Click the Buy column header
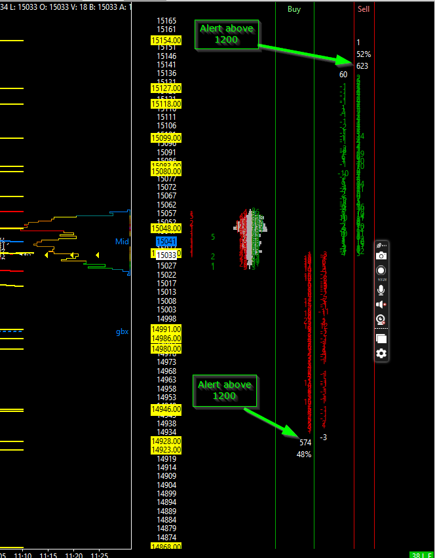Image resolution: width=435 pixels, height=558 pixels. [294, 9]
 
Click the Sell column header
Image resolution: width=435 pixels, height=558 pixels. [364, 9]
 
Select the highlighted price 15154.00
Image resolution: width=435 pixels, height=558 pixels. [166, 41]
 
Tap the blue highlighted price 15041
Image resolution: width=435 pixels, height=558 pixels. [166, 242]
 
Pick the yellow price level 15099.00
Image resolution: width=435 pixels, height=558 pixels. [166, 138]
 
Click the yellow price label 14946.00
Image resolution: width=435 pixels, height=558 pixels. [166, 410]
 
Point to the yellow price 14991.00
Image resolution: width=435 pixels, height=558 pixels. [166, 329]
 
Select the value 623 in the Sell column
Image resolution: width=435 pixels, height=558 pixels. [362, 65]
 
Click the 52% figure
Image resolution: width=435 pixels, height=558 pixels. [364, 54]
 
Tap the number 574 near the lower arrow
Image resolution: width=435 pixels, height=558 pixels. [305, 443]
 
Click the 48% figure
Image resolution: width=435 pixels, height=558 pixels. [303, 454]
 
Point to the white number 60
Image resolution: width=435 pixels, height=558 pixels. [343, 75]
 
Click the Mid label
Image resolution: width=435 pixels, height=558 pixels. [122, 242]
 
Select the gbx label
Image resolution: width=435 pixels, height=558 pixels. [122, 331]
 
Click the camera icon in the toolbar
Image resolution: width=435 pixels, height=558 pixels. [381, 255]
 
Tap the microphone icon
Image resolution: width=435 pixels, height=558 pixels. [381, 289]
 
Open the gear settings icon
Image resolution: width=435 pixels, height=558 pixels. [381, 354]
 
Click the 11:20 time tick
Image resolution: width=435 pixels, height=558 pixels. [74, 555]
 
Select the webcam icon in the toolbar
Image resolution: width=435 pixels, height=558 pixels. [381, 320]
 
